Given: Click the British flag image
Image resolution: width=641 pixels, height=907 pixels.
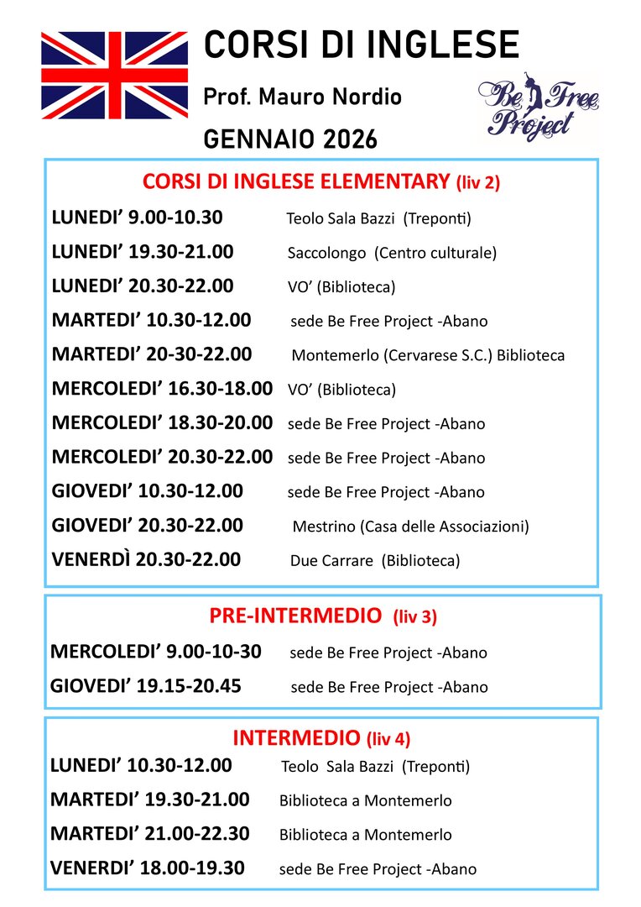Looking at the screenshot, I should tap(117, 75).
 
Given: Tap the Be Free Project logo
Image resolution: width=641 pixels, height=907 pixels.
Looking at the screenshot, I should tap(539, 109).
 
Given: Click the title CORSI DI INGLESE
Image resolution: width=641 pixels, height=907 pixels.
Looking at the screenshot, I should tap(361, 45).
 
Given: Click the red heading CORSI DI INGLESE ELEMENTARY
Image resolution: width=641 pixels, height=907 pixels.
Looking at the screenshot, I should tap(297, 181).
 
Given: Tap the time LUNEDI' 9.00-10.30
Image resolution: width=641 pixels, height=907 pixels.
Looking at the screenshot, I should tap(137, 218).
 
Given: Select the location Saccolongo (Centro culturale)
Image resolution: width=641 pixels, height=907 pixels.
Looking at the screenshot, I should tap(392, 253).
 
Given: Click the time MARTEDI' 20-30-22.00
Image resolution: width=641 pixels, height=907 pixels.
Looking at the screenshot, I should tap(151, 354).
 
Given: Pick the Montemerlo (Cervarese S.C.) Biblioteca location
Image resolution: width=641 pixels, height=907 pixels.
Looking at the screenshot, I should tap(428, 355).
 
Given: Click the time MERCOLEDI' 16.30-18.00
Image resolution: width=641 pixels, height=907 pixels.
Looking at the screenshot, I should tap(162, 389).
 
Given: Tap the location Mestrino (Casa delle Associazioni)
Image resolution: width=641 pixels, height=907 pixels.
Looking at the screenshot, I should tap(410, 527).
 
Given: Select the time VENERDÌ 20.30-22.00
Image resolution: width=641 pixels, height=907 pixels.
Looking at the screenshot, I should tap(146, 560).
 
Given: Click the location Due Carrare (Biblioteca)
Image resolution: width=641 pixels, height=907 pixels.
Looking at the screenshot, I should tap(375, 561).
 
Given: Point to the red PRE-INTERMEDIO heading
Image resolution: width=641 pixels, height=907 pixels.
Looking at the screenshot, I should tap(294, 616).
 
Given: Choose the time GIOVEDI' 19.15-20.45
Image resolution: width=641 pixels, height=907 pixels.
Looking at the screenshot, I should tap(146, 686).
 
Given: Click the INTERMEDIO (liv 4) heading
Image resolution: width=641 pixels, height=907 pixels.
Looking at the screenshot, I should tap(320, 738).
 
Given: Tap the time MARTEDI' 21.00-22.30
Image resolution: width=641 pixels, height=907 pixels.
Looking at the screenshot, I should tap(149, 834).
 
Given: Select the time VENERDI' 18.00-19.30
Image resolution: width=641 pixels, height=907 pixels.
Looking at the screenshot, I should tap(148, 868).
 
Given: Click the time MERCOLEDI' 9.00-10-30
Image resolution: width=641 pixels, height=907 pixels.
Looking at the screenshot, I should tap(156, 652).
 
